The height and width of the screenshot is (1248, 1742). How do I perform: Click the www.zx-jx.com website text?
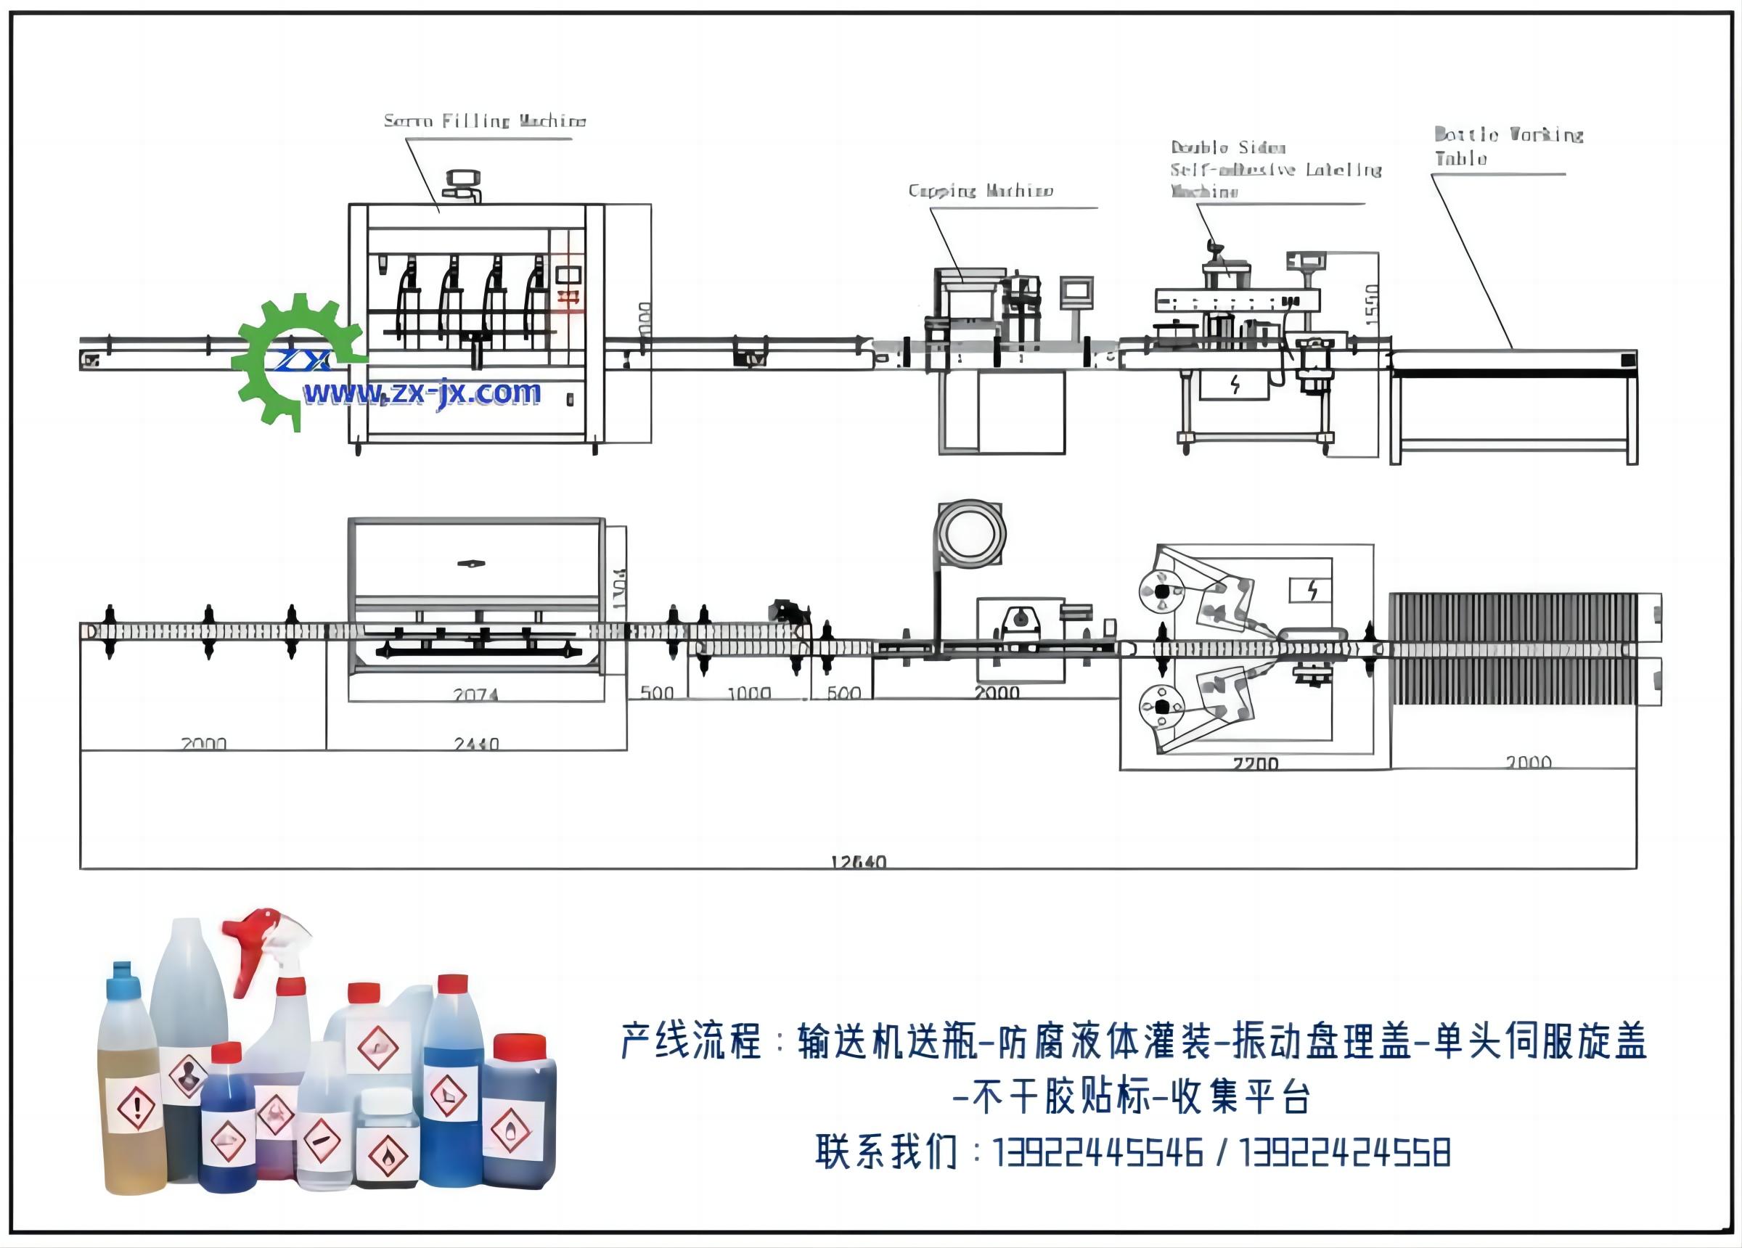pos(422,393)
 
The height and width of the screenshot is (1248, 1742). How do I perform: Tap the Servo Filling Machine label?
pos(485,120)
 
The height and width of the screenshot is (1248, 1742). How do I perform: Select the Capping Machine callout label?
pos(980,190)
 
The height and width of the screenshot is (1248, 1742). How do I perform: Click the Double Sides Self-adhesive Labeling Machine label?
pos(1275,169)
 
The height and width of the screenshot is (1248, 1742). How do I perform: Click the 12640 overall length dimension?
pos(858,862)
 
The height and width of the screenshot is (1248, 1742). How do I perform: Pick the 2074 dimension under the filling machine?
pos(475,694)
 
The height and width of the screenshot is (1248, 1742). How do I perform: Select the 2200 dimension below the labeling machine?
pos(1255,763)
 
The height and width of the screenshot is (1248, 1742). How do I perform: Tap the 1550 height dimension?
pos(1373,304)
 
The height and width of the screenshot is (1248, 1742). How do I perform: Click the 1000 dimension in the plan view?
pos(749,693)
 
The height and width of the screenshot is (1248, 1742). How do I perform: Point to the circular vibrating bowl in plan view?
pos(970,534)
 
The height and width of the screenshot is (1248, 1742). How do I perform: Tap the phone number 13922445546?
pos(1097,1153)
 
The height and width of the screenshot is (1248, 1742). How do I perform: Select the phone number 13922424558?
pos(1345,1153)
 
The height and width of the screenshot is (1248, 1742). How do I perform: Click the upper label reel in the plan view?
pos(1161,591)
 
